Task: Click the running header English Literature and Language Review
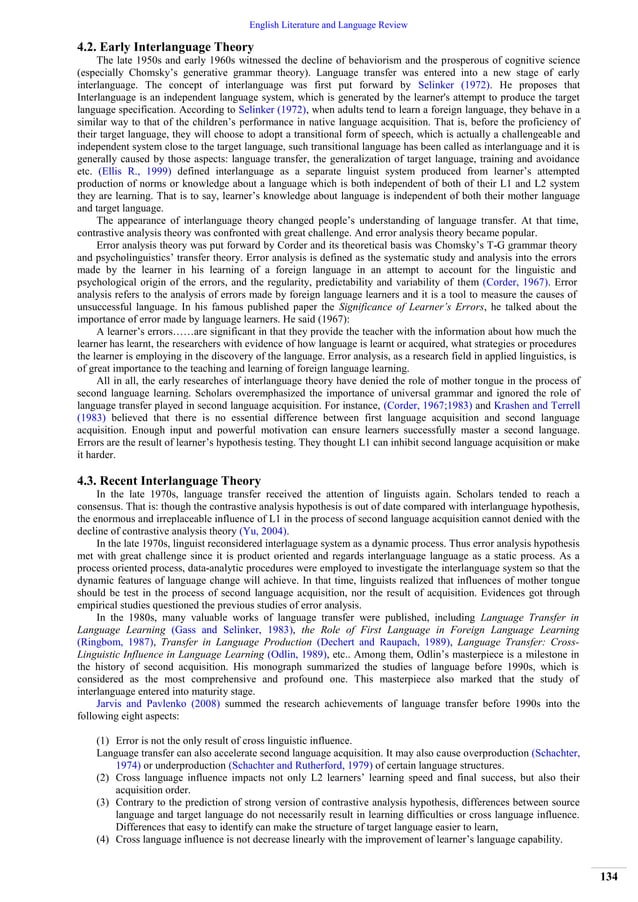coord(319,9)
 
